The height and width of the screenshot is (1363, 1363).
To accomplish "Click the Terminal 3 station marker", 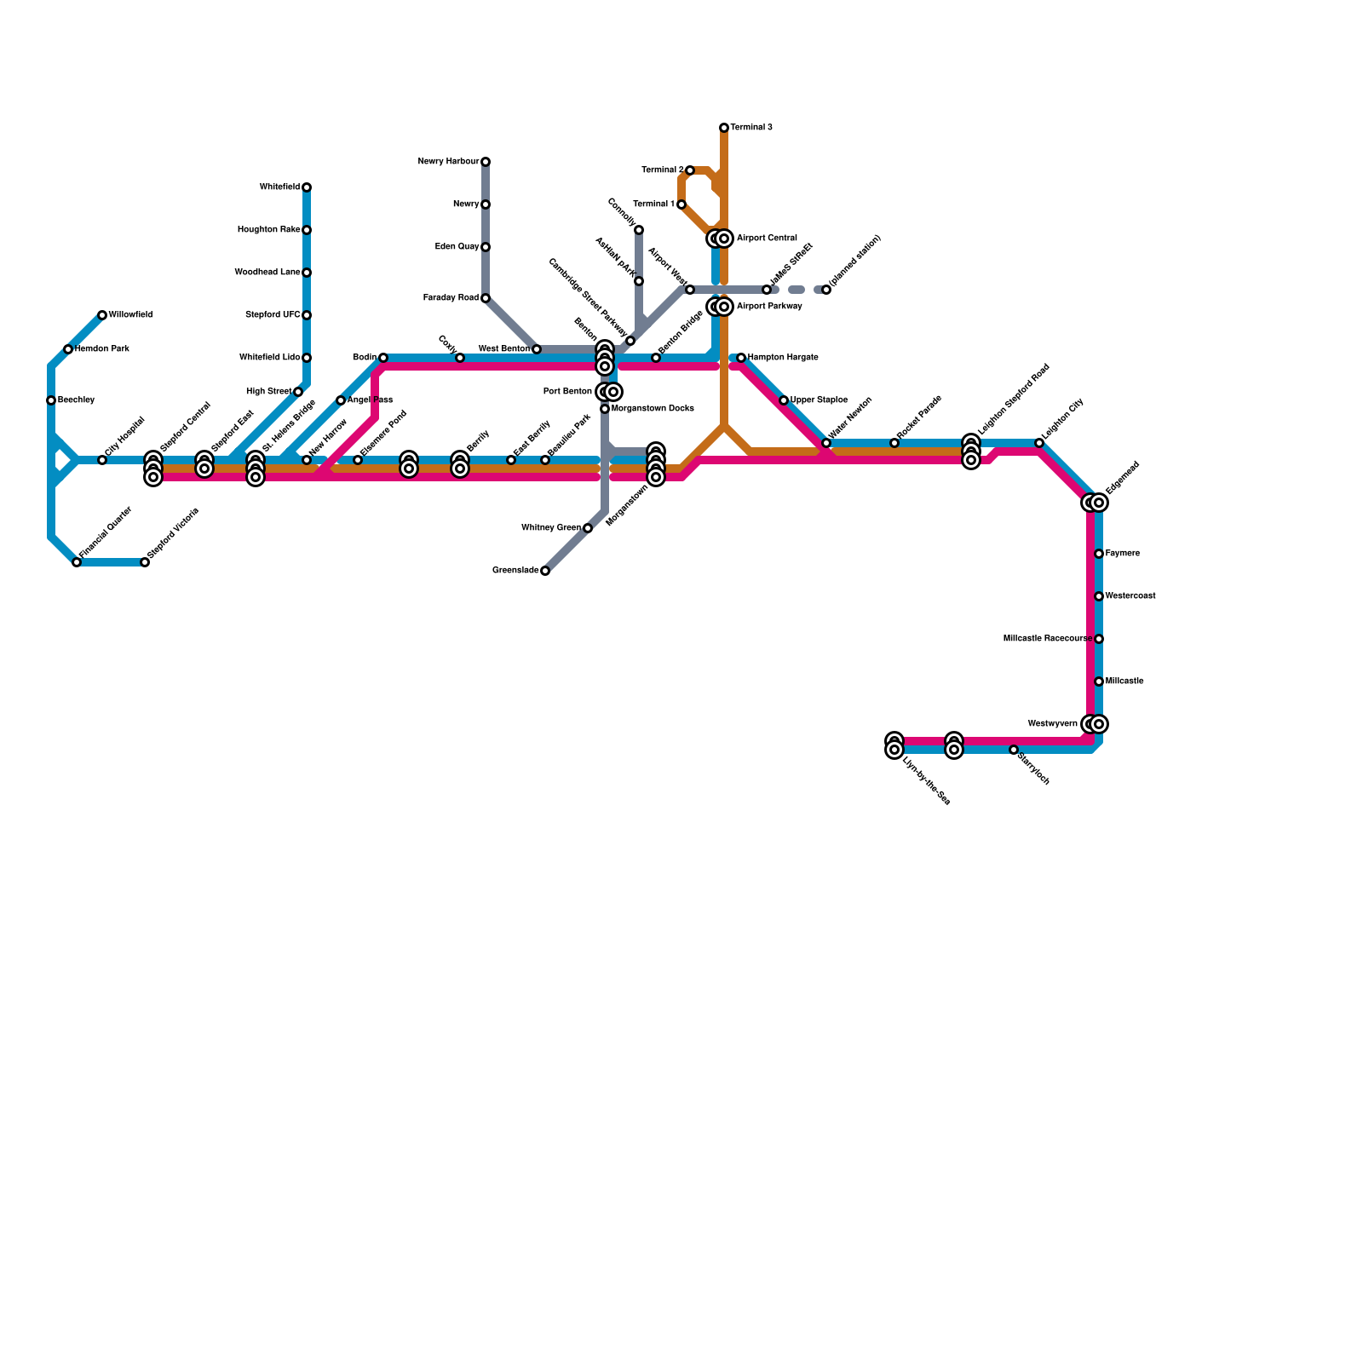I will coord(724,128).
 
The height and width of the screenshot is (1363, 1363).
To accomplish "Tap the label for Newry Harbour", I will coord(449,162).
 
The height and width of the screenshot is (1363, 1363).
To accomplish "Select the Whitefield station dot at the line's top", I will coord(307,187).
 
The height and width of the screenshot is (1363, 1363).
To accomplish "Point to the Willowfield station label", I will coord(130,315).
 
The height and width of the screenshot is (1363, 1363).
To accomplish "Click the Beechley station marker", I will coord(51,400).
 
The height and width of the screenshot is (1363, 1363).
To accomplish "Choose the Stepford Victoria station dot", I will coord(145,562).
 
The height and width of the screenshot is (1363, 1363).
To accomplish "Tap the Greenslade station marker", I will coord(545,571).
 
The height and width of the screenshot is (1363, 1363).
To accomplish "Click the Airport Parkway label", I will coord(769,307).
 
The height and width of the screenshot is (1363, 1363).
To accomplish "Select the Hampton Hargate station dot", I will coord(741,358).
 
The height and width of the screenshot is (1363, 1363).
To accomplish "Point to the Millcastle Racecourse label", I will coord(1047,639).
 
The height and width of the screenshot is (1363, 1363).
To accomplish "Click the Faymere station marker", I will coord(1099,554).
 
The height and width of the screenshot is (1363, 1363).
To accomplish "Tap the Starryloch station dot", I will coord(1014,750).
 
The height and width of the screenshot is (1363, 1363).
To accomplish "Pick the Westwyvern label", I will coord(1052,724).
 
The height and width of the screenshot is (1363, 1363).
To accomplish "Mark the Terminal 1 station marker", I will coord(681,204).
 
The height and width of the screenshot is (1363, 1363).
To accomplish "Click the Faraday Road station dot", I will coord(486,298).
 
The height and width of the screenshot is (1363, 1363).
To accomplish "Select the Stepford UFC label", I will coord(273,315).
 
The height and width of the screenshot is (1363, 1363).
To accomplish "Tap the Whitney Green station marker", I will coord(588,528).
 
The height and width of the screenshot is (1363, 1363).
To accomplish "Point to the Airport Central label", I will coord(767,239).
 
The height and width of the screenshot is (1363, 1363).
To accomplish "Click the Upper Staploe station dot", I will coord(784,400).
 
